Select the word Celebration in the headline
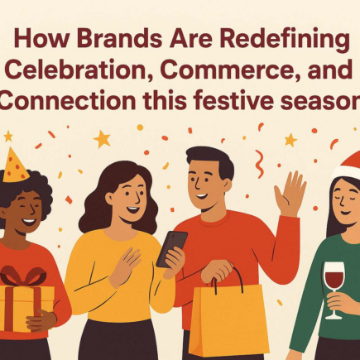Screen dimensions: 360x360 tap(78, 70)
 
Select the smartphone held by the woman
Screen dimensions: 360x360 tap(172, 249)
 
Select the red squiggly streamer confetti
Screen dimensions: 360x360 tap(259, 164)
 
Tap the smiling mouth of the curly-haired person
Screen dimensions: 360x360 tap(29, 221)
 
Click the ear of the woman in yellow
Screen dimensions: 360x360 tap(109, 198)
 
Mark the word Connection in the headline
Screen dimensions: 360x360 tap(67, 100)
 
